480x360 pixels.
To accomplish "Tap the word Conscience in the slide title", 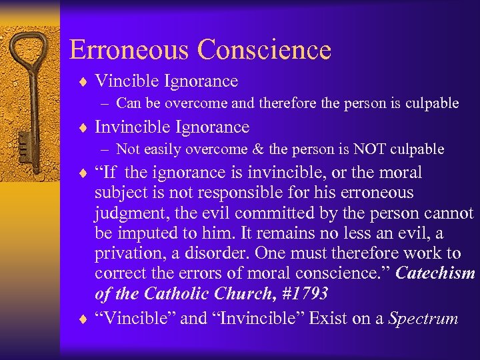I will pyautogui.click(x=265, y=50).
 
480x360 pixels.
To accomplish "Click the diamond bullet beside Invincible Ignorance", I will pyautogui.click(x=85, y=127).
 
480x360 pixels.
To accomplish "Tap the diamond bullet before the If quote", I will pyautogui.click(x=85, y=173).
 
